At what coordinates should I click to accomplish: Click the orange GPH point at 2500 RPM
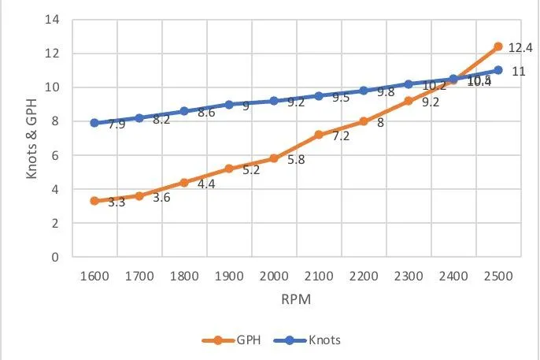click(497, 46)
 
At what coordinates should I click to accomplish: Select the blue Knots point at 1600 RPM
click(94, 123)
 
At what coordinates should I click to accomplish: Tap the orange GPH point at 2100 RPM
click(319, 135)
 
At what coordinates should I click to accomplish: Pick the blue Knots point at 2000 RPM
click(274, 101)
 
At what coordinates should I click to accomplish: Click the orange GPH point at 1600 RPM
click(94, 201)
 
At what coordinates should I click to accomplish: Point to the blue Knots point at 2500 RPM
click(497, 70)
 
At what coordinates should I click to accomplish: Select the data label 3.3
click(117, 202)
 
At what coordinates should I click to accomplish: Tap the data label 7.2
click(340, 136)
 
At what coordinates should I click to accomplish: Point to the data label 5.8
click(295, 160)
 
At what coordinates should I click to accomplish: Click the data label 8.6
click(206, 113)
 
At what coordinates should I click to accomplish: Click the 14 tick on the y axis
click(54, 20)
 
